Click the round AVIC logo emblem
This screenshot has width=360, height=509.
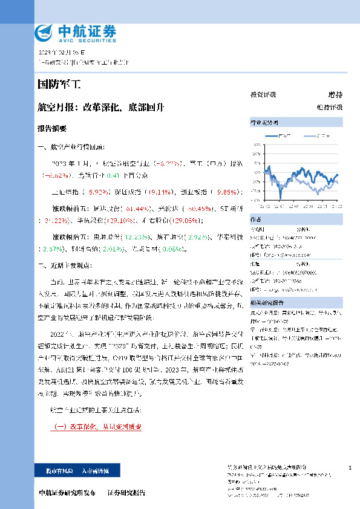tap(44, 32)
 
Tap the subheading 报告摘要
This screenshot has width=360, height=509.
tap(52, 129)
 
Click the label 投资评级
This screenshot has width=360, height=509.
tap(263, 95)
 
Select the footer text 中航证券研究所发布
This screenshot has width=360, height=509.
tap(67, 493)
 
